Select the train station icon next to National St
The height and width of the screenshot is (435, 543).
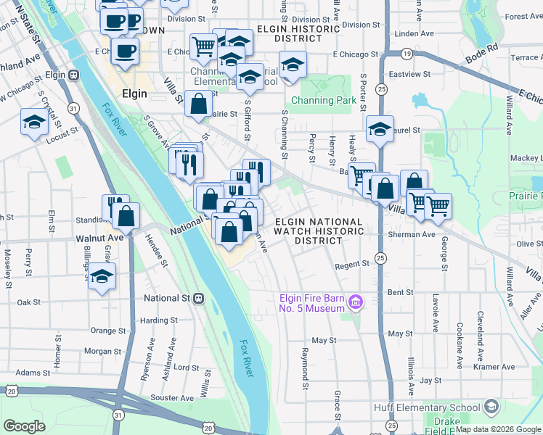pos(197,298)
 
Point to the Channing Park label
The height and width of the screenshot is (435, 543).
pos(324,100)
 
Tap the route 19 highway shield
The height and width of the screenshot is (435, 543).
pos(407,54)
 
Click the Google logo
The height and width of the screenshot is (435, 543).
pos(24,426)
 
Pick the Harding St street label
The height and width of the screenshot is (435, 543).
pos(159,320)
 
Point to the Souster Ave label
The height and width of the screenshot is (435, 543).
pos(173,398)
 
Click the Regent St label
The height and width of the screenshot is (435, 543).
pos(352,266)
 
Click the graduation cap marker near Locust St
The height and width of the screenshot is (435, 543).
pos(34,123)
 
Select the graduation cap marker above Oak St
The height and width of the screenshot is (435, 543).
pos(102,275)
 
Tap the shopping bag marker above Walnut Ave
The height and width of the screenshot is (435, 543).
pos(126,216)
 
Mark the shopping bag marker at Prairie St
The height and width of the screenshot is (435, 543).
pos(198,104)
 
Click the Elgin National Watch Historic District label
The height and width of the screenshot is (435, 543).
pos(318,231)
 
